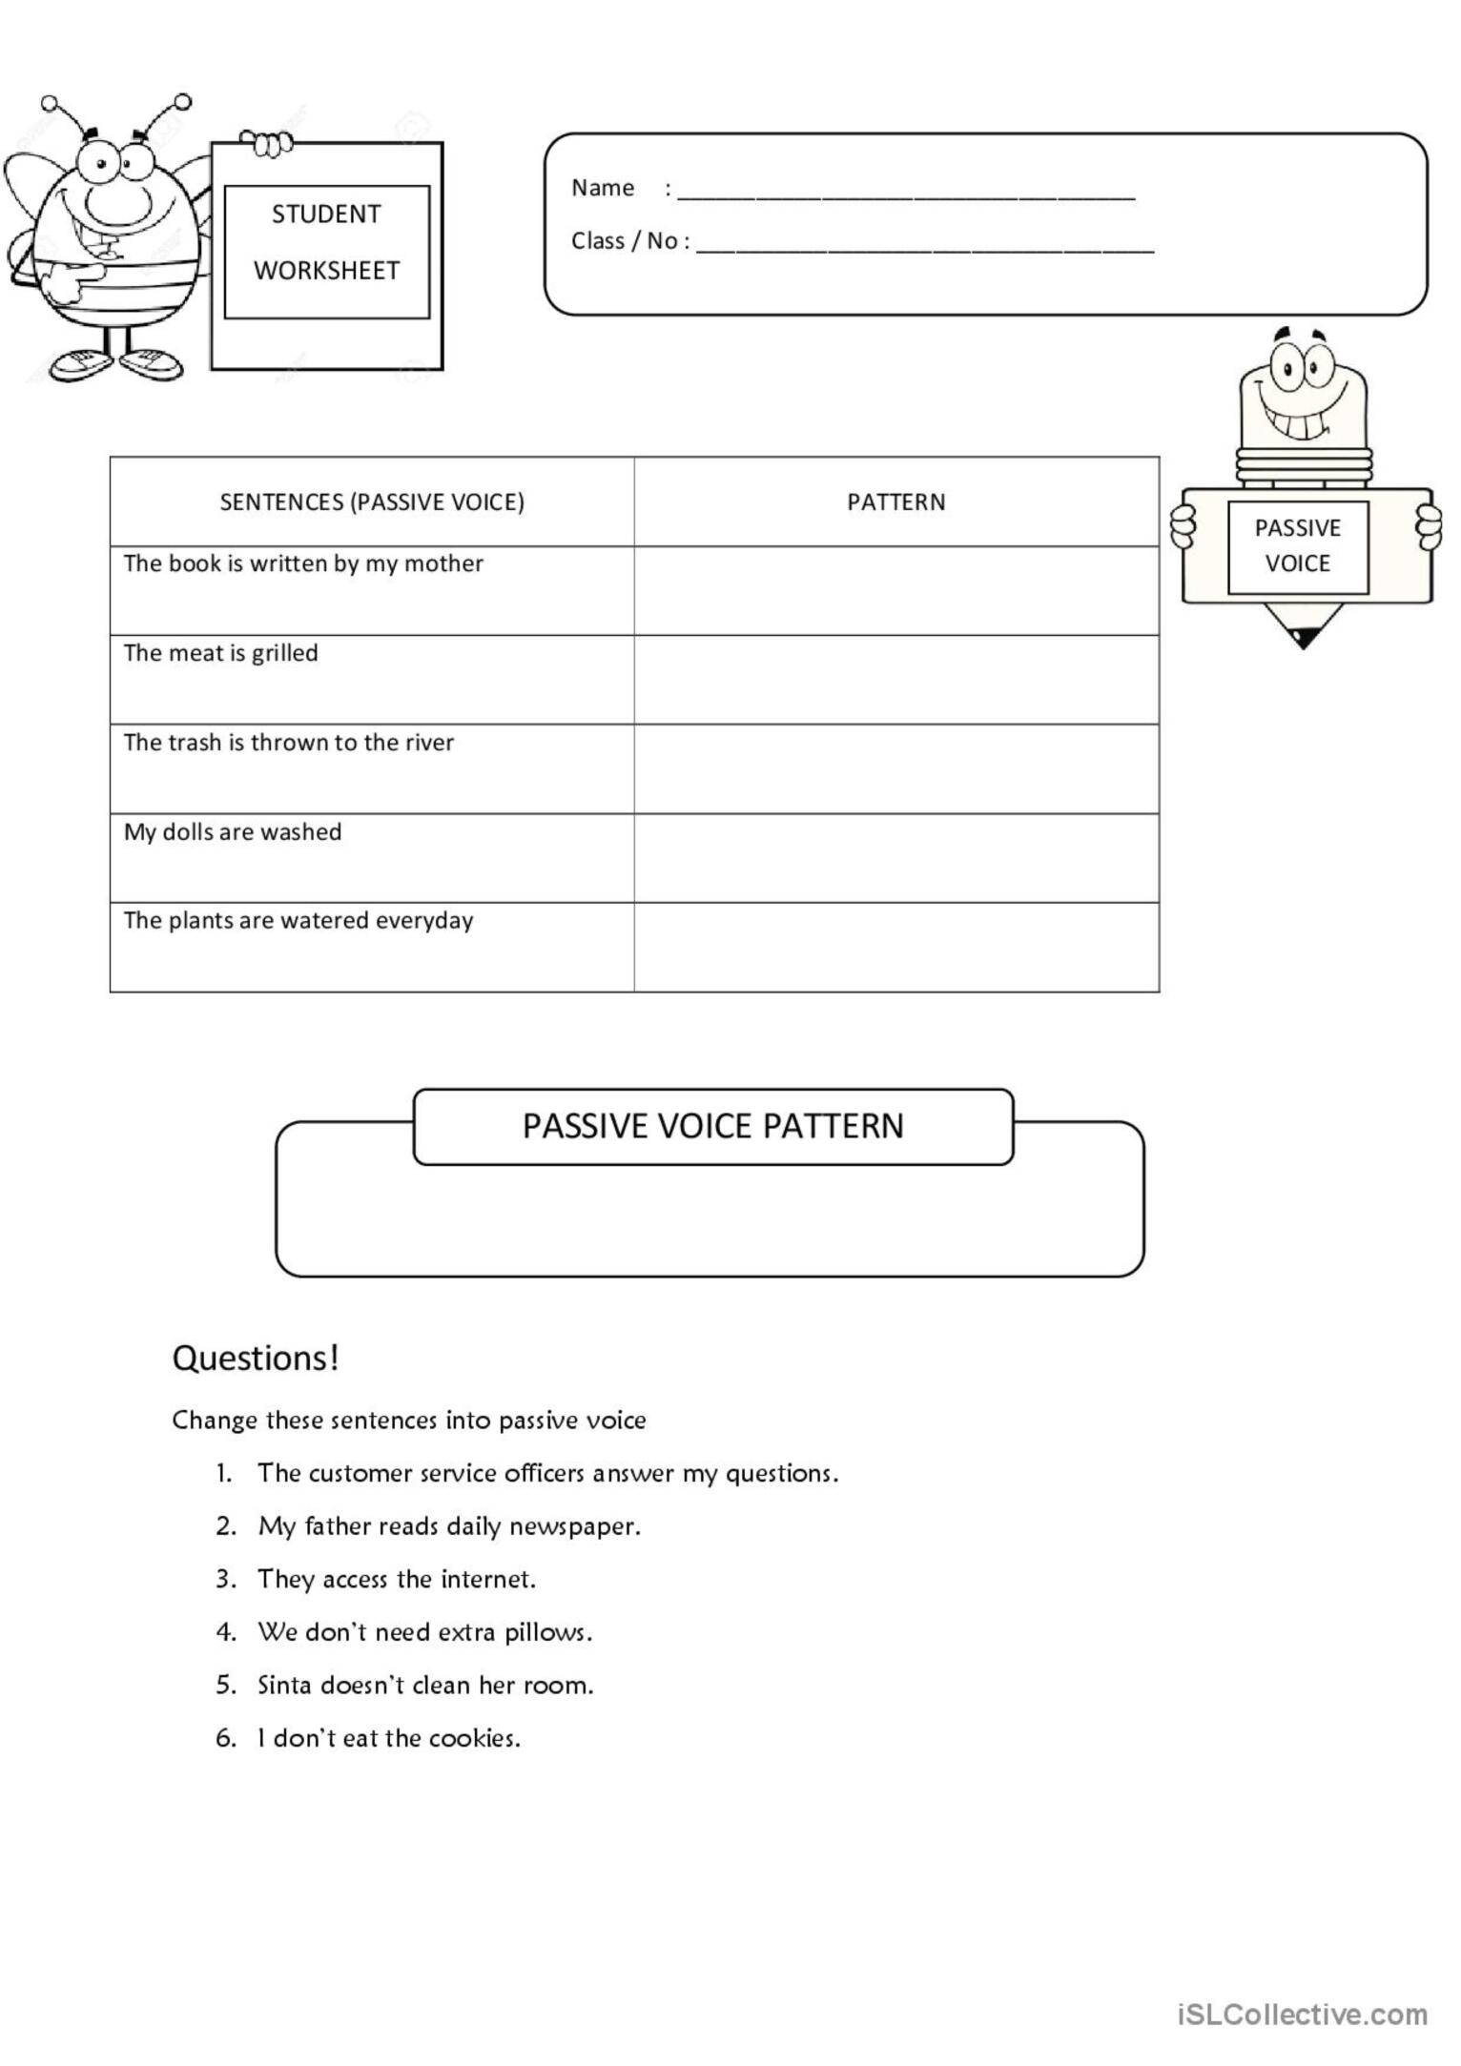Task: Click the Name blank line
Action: point(906,195)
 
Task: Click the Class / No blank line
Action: point(925,248)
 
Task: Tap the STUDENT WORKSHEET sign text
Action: point(326,242)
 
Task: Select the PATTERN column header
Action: point(895,502)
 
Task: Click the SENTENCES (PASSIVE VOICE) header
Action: point(372,502)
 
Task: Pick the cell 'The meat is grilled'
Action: point(221,653)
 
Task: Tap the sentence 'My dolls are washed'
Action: point(233,831)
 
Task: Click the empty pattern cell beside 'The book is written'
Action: point(895,590)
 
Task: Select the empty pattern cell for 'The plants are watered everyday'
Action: point(895,947)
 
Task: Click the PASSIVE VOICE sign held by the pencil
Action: point(1297,545)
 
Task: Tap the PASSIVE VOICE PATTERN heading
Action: point(712,1126)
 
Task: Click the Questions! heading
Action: point(256,1358)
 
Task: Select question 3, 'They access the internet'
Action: point(396,1579)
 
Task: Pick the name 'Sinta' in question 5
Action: point(284,1685)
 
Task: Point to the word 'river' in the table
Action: point(429,743)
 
